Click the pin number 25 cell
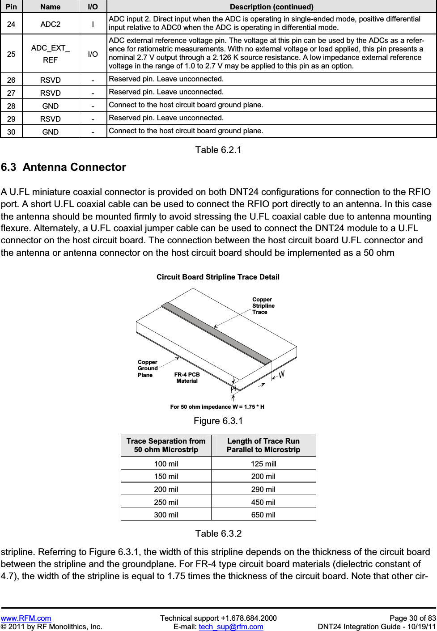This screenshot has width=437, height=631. click(11, 54)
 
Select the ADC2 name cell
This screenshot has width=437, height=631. click(50, 24)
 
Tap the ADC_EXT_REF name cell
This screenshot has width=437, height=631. click(50, 54)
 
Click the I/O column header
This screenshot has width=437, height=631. click(93, 7)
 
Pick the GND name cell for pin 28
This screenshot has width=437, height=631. click(50, 106)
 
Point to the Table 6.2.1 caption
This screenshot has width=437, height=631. click(218, 150)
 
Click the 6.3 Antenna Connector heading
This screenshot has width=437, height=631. click(64, 167)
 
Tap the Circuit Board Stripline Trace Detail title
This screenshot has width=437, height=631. click(218, 277)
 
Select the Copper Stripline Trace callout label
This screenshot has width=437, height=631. click(263, 306)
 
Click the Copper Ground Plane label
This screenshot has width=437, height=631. click(148, 368)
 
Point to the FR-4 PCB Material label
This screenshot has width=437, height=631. click(187, 378)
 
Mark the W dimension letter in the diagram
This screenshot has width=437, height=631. click(282, 374)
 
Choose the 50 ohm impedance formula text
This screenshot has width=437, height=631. click(217, 407)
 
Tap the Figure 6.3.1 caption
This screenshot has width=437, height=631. click(218, 421)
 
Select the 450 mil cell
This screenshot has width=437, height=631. click(263, 502)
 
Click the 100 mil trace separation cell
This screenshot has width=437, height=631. click(166, 464)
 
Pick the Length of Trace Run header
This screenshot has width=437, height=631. click(263, 445)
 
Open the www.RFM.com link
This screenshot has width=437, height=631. click(26, 618)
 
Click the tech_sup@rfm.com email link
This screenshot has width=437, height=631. click(231, 627)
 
